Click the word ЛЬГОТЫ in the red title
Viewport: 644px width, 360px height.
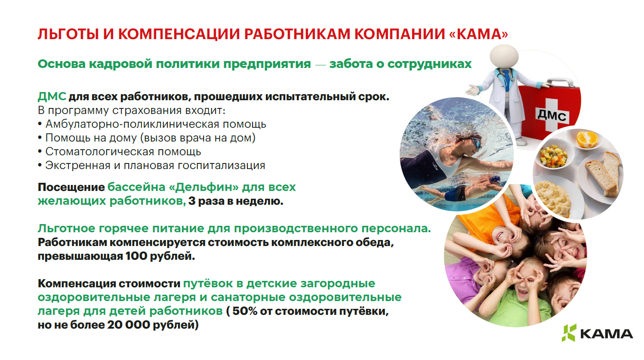point(68,34)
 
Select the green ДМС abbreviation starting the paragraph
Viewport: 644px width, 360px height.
point(52,97)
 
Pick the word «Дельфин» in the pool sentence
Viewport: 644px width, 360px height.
point(204,187)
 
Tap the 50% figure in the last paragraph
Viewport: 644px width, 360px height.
point(245,311)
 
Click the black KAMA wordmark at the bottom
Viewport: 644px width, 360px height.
point(607,334)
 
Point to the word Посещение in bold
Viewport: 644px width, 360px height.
point(71,187)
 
